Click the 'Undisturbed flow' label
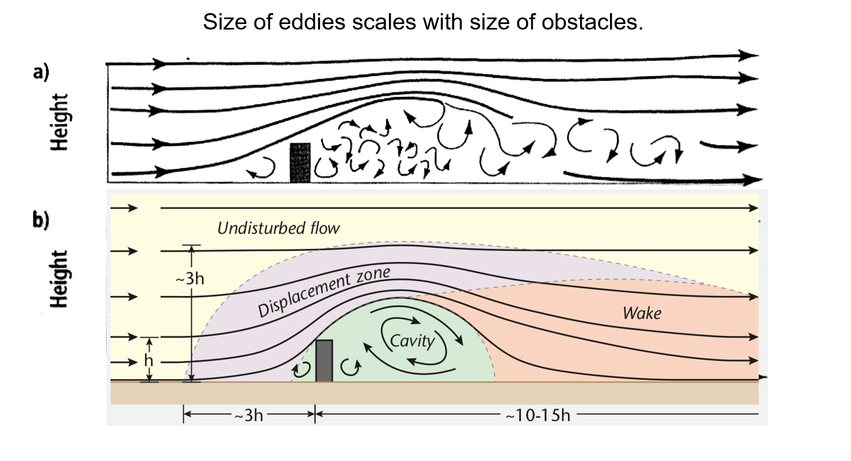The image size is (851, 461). (x=278, y=227)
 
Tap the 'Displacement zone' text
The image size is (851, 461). (x=323, y=291)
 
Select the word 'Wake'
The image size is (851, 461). (x=642, y=313)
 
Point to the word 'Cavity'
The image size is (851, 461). (x=412, y=341)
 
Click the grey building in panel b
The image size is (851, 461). (x=324, y=360)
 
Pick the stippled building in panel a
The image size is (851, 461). (x=300, y=162)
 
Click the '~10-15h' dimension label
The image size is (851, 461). (x=537, y=416)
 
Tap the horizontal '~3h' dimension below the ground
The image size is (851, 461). (x=249, y=416)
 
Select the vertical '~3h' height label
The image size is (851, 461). (x=190, y=279)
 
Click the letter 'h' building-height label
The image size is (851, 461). (x=148, y=360)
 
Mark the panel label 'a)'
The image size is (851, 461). (x=41, y=73)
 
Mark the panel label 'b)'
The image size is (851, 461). (x=40, y=220)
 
